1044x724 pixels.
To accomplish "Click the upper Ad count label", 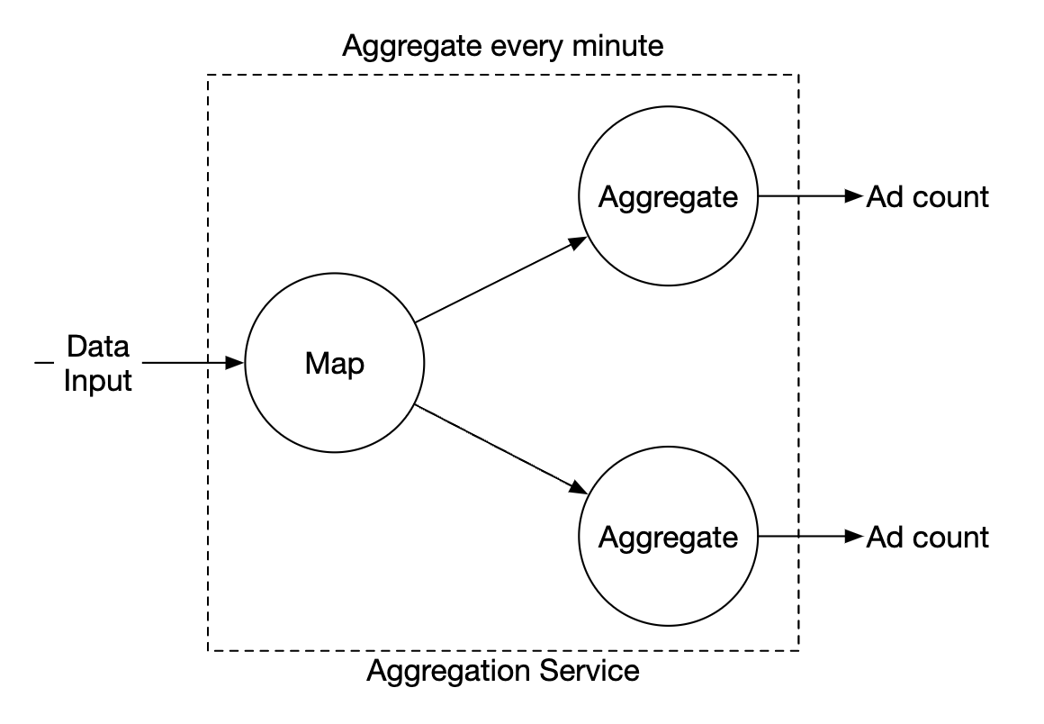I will [x=927, y=196].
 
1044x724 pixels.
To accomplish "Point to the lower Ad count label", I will [x=927, y=538].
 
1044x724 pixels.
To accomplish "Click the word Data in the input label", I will [x=98, y=347].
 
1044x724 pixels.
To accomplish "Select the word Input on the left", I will [x=98, y=380].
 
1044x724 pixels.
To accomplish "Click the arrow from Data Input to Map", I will [x=193, y=363].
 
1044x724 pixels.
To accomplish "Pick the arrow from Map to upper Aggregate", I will [x=500, y=280].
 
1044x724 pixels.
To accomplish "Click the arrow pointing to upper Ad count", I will [x=810, y=196].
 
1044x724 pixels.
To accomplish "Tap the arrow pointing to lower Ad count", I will [x=810, y=538].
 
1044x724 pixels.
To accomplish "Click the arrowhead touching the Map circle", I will [x=236, y=363].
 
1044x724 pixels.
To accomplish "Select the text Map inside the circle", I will [x=334, y=364].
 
